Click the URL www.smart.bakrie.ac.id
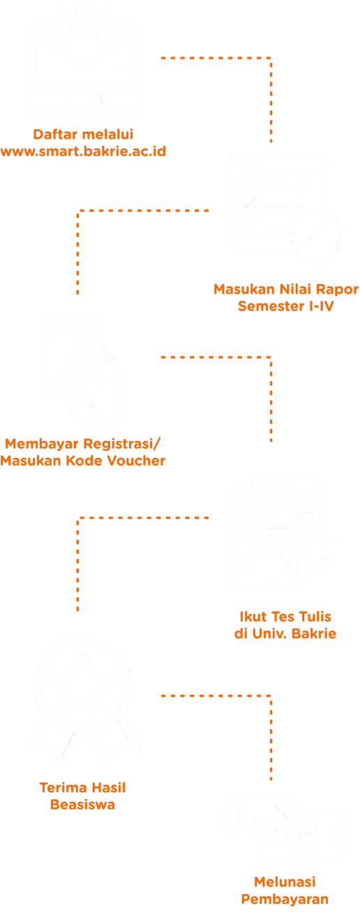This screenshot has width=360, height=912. point(83,151)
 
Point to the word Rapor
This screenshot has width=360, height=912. point(337,289)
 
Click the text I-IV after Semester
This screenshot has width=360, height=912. point(322,306)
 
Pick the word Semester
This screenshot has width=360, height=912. point(271,306)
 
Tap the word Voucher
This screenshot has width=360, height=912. point(136,461)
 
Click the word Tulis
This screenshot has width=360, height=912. point(315,616)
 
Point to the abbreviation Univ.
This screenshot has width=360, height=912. point(269,634)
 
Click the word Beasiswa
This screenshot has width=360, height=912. point(82,805)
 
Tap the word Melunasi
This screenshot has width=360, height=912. point(285,882)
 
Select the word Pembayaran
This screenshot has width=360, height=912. point(285,899)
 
